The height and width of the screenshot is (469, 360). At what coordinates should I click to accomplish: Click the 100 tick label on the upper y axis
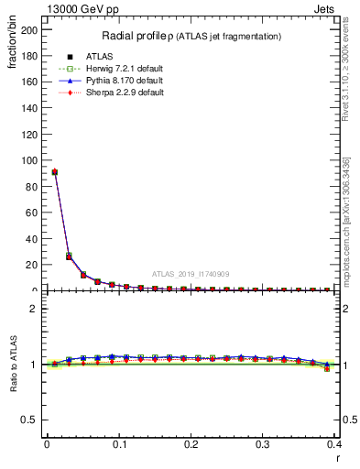pos(31,160)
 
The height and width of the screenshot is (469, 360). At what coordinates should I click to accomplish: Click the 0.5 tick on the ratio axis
pos(33,420)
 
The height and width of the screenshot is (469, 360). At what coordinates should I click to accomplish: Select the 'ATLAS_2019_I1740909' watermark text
pos(191,273)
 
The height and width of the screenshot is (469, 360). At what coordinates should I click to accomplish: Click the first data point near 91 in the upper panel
pos(54,171)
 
